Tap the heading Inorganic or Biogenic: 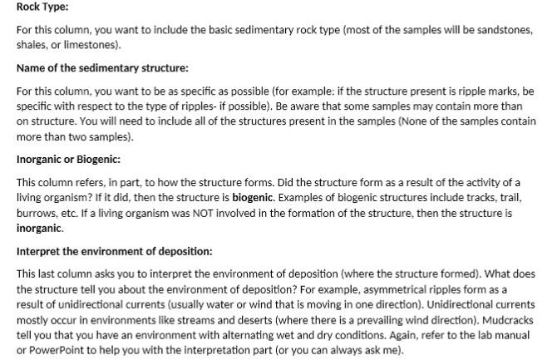point(68,158)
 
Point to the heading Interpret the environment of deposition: point(114,250)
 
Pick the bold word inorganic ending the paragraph point(41,227)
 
